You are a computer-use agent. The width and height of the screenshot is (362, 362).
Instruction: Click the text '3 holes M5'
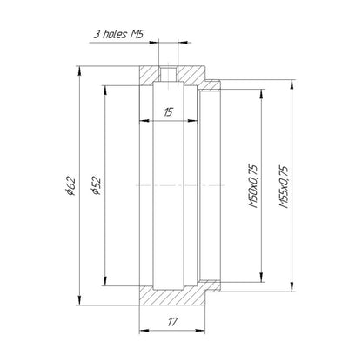point(118,34)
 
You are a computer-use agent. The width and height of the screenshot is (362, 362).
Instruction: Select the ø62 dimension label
point(70,185)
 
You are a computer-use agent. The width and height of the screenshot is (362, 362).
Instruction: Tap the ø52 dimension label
point(96,185)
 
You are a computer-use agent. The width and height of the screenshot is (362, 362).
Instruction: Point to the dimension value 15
point(169,111)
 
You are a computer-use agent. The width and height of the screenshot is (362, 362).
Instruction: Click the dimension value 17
point(172,322)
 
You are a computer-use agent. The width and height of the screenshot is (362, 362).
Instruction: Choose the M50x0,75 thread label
point(253,186)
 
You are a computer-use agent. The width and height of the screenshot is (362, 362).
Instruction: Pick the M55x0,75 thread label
point(284,187)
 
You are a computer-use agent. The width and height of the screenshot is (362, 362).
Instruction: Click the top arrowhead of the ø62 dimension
point(79,71)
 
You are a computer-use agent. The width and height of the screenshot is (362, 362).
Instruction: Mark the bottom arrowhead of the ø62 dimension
point(79,300)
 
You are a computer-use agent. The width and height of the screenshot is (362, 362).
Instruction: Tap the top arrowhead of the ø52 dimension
point(105,90)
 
